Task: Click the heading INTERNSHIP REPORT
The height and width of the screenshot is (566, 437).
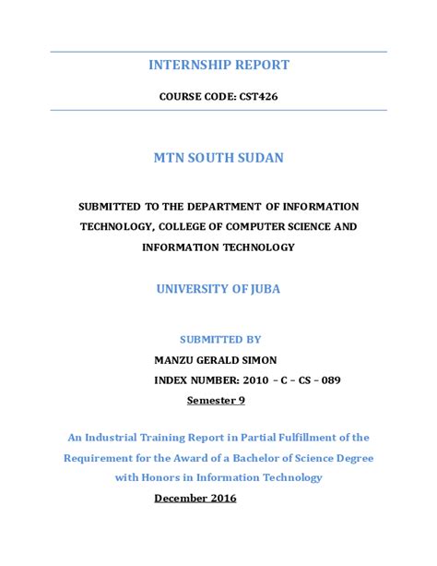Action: pyautogui.click(x=218, y=65)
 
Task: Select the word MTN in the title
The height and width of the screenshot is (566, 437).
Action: pyautogui.click(x=171, y=158)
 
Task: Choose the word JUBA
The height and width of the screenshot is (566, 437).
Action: pyautogui.click(x=263, y=289)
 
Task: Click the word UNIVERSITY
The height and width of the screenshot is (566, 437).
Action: pyautogui.click(x=195, y=289)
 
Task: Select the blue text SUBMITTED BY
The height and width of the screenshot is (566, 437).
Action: pyautogui.click(x=218, y=339)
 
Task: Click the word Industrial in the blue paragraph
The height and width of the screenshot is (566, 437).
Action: pyautogui.click(x=119, y=437)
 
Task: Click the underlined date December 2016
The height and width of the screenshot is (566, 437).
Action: pyautogui.click(x=195, y=498)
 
